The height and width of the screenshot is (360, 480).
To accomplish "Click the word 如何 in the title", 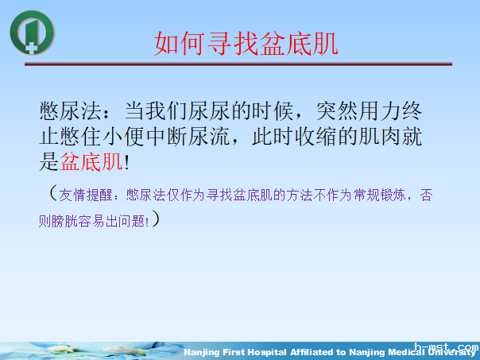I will click(173, 44).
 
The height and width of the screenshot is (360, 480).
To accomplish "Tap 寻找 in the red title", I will click(231, 44).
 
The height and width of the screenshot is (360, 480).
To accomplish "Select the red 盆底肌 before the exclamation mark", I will click(91, 162).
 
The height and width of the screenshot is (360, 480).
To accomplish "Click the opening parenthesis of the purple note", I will click(52, 193).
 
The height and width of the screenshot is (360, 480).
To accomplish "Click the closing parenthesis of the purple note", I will click(157, 218).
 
